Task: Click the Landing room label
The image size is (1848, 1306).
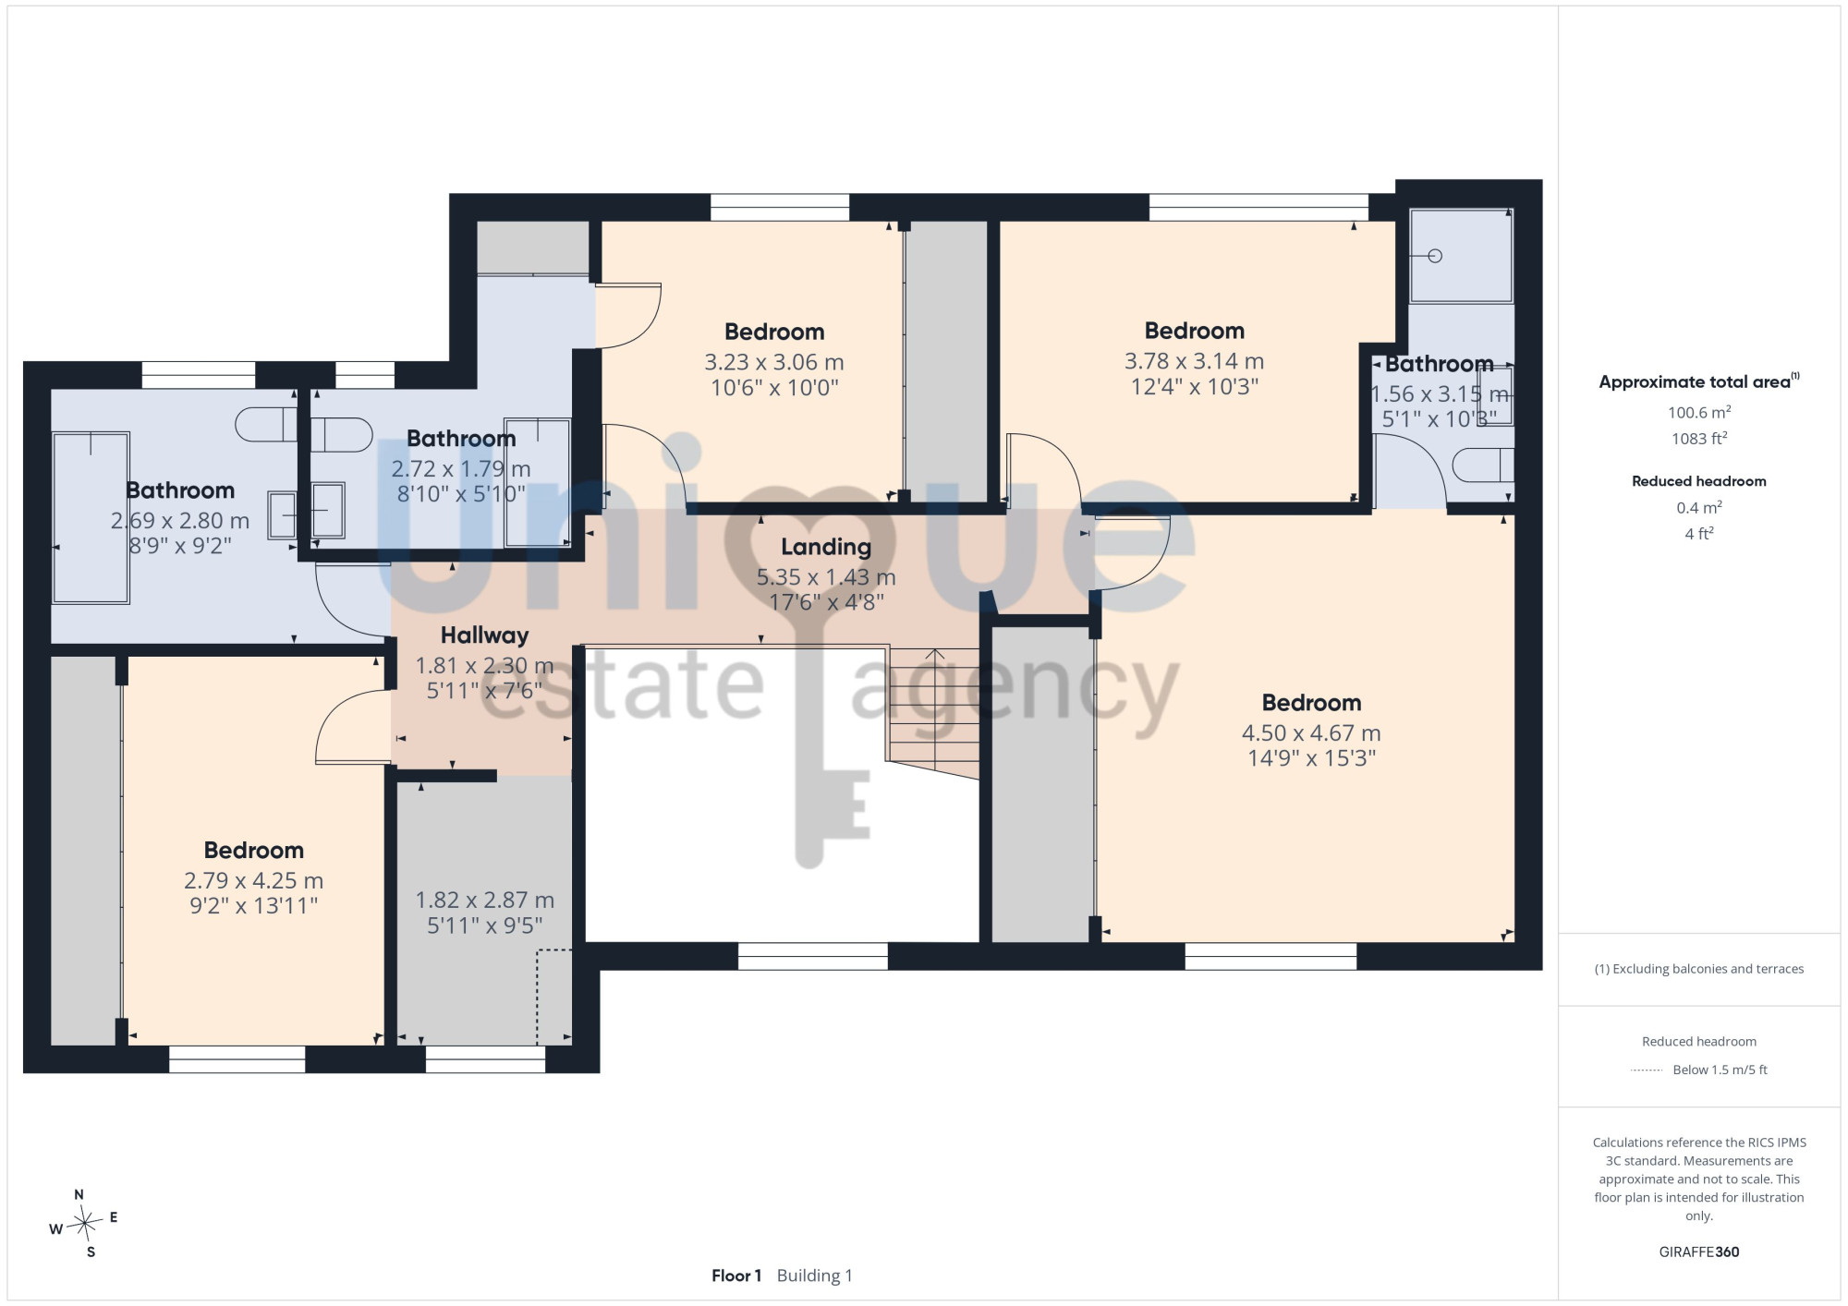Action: pyautogui.click(x=826, y=547)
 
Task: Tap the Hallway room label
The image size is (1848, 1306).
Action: pyautogui.click(x=484, y=635)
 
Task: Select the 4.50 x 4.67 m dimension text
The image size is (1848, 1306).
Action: pyautogui.click(x=1311, y=733)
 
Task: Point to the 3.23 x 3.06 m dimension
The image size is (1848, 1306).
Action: pyautogui.click(x=774, y=362)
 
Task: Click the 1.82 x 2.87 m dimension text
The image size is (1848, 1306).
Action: pyautogui.click(x=484, y=900)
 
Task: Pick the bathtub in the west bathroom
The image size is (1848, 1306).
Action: pyautogui.click(x=90, y=517)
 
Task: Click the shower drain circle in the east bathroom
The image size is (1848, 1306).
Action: pyautogui.click(x=1435, y=256)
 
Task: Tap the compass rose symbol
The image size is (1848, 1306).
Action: pyautogui.click(x=84, y=1224)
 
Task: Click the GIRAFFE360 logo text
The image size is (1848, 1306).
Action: pyautogui.click(x=1698, y=1252)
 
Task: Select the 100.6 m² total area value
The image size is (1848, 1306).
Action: pyautogui.click(x=1698, y=412)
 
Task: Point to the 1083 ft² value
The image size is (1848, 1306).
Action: pyautogui.click(x=1698, y=439)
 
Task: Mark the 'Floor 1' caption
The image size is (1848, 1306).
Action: pyautogui.click(x=736, y=1276)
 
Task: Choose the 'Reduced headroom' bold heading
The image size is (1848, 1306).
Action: pyautogui.click(x=1698, y=481)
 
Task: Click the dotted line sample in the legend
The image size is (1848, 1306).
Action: pyautogui.click(x=1647, y=1070)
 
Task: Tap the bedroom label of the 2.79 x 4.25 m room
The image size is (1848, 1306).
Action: pyautogui.click(x=254, y=851)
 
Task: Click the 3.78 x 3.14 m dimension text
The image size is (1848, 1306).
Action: pyautogui.click(x=1194, y=361)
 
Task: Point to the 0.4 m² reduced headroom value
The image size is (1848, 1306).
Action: pyautogui.click(x=1698, y=507)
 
